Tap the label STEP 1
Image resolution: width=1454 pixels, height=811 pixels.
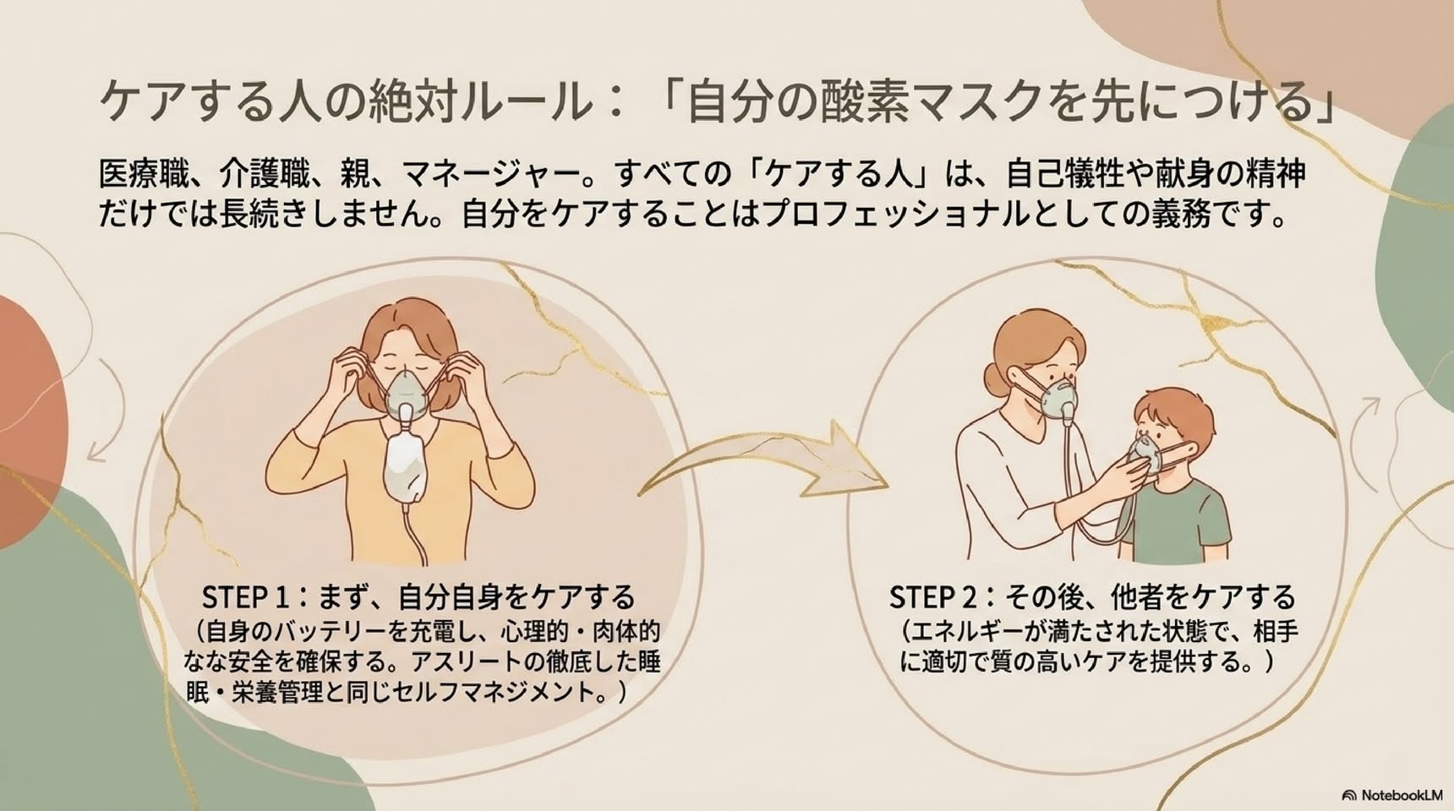(x=247, y=597)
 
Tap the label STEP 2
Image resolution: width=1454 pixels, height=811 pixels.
(x=933, y=597)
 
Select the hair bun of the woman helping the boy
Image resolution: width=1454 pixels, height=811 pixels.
(x=993, y=377)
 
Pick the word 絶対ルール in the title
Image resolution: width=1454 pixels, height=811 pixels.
(x=473, y=103)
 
